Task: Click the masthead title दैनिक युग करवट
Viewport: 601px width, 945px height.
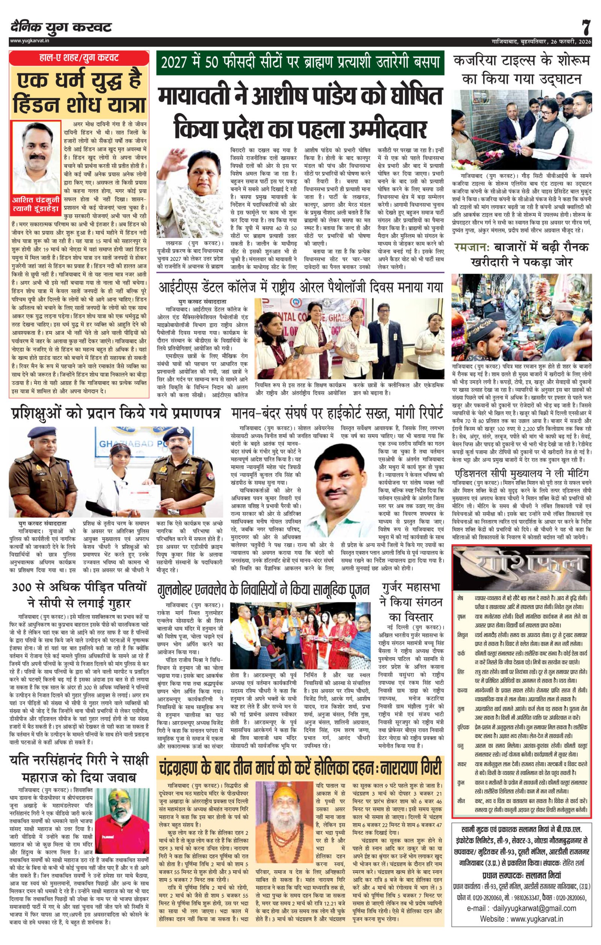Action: pyautogui.click(x=61, y=27)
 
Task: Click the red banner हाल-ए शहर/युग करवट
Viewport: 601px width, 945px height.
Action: pyautogui.click(x=79, y=58)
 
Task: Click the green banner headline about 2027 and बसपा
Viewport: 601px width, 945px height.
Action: pyautogui.click(x=300, y=63)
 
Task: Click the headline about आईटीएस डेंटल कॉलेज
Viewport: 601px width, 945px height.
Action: pyautogui.click(x=300, y=286)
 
